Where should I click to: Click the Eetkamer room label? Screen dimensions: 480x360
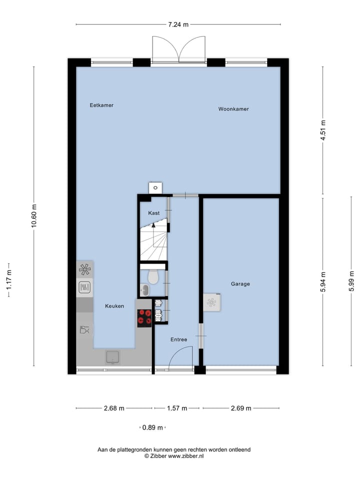pyautogui.click(x=101, y=105)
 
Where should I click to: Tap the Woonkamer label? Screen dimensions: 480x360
pyautogui.click(x=233, y=109)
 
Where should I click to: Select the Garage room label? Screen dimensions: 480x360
pyautogui.click(x=240, y=284)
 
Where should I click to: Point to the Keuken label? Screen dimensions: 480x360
pyautogui.click(x=114, y=306)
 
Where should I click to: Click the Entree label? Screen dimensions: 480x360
pyautogui.click(x=178, y=339)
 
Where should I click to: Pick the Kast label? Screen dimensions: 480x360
pyautogui.click(x=154, y=213)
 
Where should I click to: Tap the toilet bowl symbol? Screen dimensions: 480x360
pyautogui.click(x=153, y=276)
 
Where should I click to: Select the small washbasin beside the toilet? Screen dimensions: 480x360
pyautogui.click(x=144, y=290)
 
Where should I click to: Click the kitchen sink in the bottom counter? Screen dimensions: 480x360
pyautogui.click(x=112, y=356)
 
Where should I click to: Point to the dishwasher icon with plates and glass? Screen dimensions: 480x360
pyautogui.click(x=84, y=329)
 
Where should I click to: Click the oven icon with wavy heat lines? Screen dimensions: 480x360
pyautogui.click(x=84, y=287)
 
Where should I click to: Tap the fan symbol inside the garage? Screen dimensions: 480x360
pyautogui.click(x=211, y=302)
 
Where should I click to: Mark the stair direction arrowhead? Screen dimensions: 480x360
pyautogui.click(x=154, y=225)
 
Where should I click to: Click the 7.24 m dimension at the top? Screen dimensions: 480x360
pyautogui.click(x=178, y=24)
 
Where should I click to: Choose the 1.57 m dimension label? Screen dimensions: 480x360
pyautogui.click(x=177, y=408)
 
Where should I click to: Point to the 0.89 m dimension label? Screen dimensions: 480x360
pyautogui.click(x=152, y=427)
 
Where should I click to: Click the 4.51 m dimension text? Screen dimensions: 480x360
pyautogui.click(x=323, y=130)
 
